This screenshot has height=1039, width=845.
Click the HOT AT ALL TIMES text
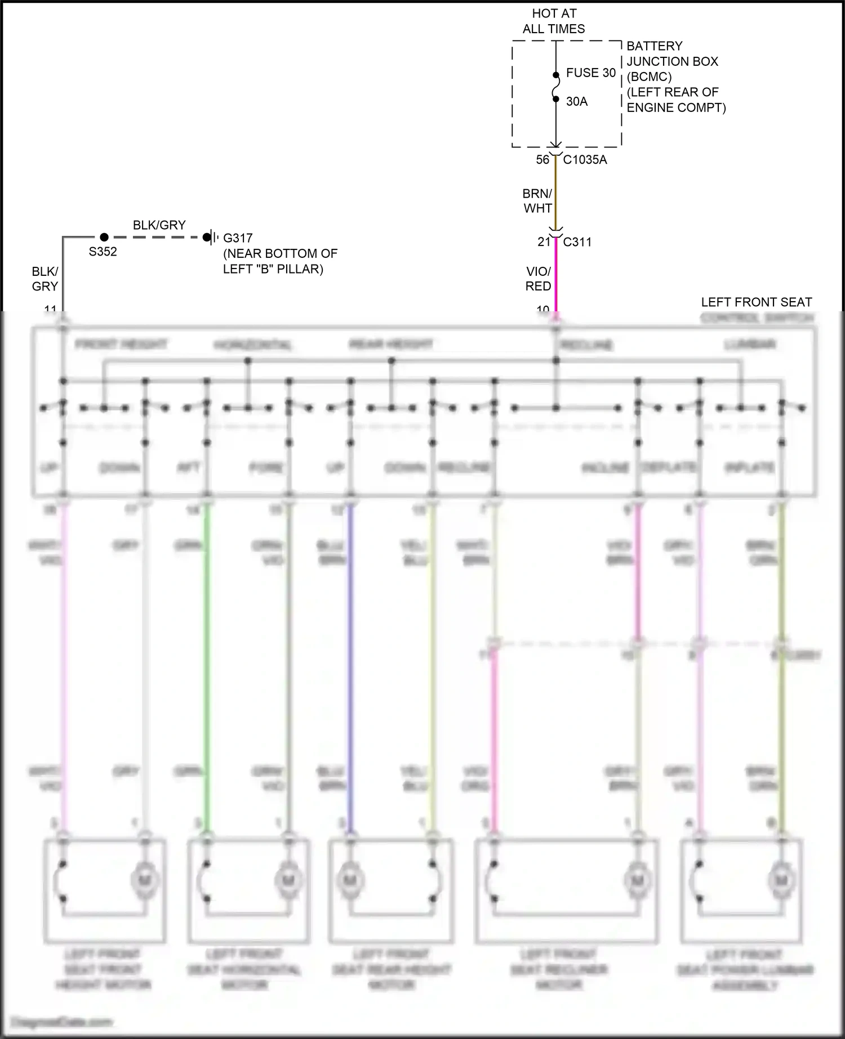coord(554,21)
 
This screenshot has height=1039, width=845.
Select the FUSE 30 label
coord(591,73)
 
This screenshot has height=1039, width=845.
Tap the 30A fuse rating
coord(577,101)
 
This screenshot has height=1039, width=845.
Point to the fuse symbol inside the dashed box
coord(555,87)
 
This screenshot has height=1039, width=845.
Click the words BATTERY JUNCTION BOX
coord(673,53)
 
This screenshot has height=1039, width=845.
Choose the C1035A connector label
coord(585,160)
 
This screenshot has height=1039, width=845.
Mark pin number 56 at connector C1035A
coord(542,160)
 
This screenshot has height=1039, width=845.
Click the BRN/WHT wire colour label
coord(537,201)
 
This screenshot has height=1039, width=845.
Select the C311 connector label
coord(577,242)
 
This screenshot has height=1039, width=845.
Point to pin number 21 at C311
coord(544,242)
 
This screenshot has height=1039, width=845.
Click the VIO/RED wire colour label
coord(538,279)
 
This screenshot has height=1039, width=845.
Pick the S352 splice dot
coord(104,237)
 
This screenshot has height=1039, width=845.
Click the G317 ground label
coord(238,238)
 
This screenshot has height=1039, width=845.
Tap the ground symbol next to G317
coord(211,237)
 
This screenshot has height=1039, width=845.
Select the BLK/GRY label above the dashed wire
coord(159,225)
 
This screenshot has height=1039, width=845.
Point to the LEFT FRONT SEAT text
coord(756,302)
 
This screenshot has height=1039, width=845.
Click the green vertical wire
coord(207,664)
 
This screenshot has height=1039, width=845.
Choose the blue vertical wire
coord(350,664)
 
